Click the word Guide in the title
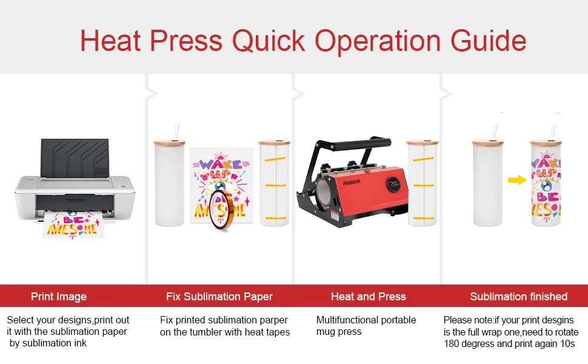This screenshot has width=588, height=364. point(488,41)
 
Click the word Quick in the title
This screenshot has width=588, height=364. point(269,41)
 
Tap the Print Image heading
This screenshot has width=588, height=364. point(59,297)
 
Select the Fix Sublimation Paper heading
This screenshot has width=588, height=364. point(219,297)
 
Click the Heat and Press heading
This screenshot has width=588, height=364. point(368,297)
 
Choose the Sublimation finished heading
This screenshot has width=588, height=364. point(519,297)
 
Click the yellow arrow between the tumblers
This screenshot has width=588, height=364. point(517,180)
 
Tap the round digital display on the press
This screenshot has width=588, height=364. point(394,184)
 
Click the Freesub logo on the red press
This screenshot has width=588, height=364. point(352,183)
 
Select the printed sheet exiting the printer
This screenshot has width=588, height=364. point(72,224)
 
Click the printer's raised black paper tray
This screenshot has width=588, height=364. point(75,158)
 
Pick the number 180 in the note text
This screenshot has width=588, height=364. point(451,344)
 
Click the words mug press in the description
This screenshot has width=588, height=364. point(339,332)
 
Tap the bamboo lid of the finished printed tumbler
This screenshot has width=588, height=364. point(546,142)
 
